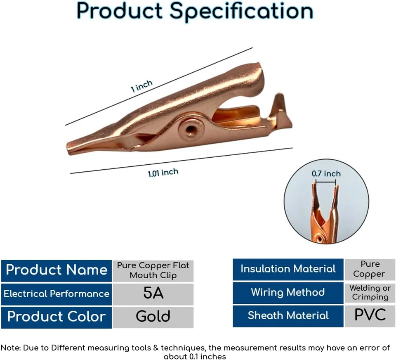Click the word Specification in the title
(x=242, y=11)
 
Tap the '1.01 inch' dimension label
(x=163, y=173)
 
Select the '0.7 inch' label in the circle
(x=326, y=174)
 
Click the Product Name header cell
(x=56, y=270)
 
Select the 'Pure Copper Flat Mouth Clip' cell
(x=153, y=270)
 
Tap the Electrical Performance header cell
(x=56, y=294)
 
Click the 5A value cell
(x=153, y=294)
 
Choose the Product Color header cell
(x=56, y=317)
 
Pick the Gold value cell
(x=153, y=317)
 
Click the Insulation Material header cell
(x=288, y=269)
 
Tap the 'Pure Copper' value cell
(x=370, y=269)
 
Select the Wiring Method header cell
(x=288, y=292)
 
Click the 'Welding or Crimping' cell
(x=370, y=293)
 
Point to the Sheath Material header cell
(x=288, y=316)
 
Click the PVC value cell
(x=370, y=315)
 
